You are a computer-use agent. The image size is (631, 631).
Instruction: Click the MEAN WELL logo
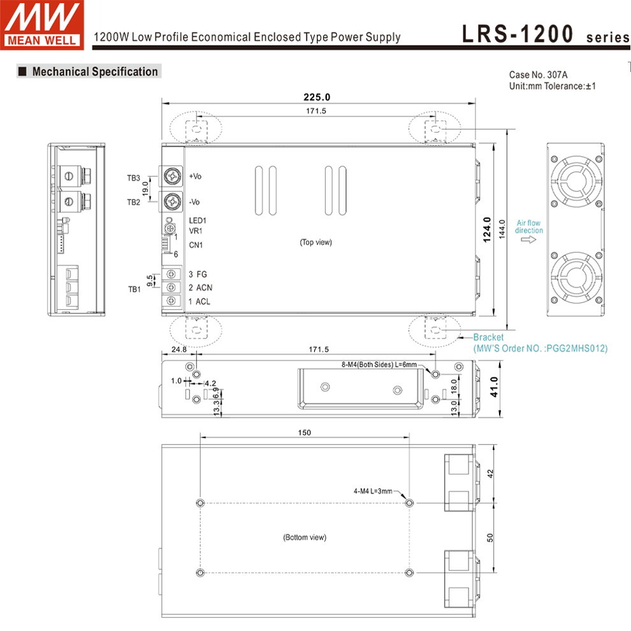42,25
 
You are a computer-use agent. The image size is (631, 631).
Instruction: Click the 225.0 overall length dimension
317,97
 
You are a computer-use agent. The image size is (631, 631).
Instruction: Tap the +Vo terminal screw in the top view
173,177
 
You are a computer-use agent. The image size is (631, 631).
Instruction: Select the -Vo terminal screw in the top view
173,201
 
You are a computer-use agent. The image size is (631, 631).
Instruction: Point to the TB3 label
134,178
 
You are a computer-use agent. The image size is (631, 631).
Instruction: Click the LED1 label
198,221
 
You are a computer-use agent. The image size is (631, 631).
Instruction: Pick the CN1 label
196,245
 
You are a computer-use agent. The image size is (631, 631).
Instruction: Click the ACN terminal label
204,287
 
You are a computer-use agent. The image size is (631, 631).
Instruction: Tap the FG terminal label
201,275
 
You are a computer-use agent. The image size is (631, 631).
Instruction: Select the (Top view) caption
316,242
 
